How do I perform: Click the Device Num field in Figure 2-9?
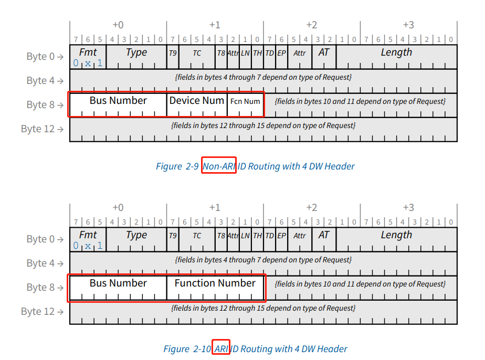[197, 101]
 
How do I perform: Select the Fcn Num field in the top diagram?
[245, 101]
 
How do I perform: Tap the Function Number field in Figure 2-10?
[215, 283]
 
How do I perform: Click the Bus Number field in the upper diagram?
[118, 101]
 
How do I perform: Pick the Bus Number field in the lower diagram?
[118, 283]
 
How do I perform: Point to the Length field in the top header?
[396, 52]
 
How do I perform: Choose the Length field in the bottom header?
[396, 235]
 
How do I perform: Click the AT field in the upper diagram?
[324, 52]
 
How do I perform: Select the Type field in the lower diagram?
[136, 235]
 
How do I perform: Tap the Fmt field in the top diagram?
[88, 52]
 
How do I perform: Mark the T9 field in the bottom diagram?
[173, 236]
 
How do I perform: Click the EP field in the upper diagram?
[282, 53]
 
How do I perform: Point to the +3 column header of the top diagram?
[408, 25]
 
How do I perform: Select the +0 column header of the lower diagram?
[118, 207]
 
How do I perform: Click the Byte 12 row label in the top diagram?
[42, 129]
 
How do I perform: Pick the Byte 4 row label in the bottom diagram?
[45, 263]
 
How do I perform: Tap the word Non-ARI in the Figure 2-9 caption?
[219, 166]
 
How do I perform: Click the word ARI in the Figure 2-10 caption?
[221, 349]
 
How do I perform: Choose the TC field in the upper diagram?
[197, 53]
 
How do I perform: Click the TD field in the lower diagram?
[270, 236]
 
